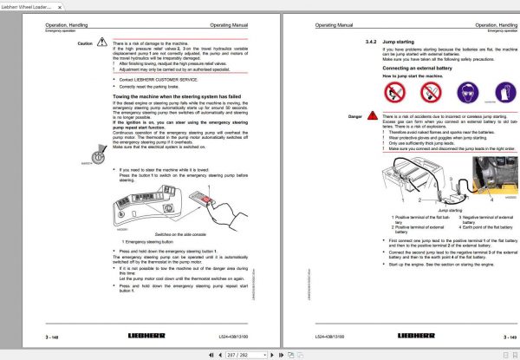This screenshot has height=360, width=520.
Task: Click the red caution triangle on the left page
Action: pos(103,42)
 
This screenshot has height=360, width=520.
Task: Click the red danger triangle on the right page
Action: pos(374,115)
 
